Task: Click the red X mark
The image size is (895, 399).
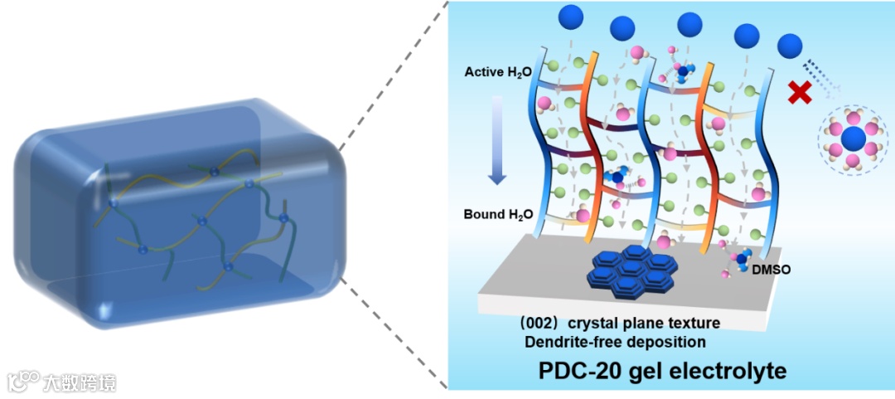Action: pyautogui.click(x=799, y=92)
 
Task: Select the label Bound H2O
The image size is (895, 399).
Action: pyautogui.click(x=495, y=214)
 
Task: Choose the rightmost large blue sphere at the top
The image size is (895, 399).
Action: pyautogui.click(x=791, y=44)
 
